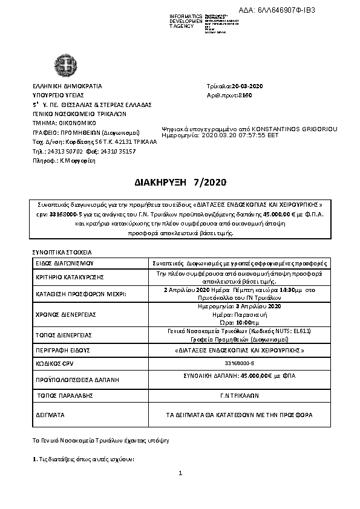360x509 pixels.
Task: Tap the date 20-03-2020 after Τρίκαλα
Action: (249, 86)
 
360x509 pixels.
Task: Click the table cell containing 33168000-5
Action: (240, 364)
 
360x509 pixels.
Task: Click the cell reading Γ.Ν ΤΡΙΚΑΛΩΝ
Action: (240, 397)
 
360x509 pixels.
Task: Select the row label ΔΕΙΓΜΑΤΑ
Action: (51, 415)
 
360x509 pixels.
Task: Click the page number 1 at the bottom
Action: (180, 472)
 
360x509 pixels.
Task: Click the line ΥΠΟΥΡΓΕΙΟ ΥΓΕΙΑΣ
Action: (58, 95)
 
